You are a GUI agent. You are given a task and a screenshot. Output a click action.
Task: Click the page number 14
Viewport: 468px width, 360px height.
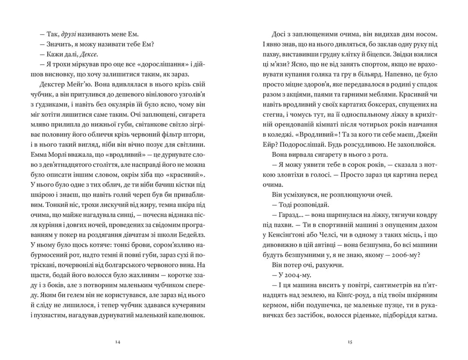coord(118,342)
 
